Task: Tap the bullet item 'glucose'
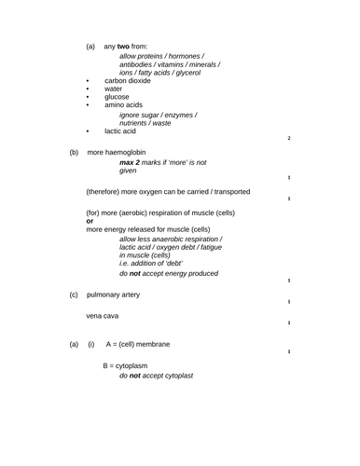pos(117,96)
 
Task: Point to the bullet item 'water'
pos(113,89)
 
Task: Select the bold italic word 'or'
pos(90,221)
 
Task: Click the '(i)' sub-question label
pos(91,345)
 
